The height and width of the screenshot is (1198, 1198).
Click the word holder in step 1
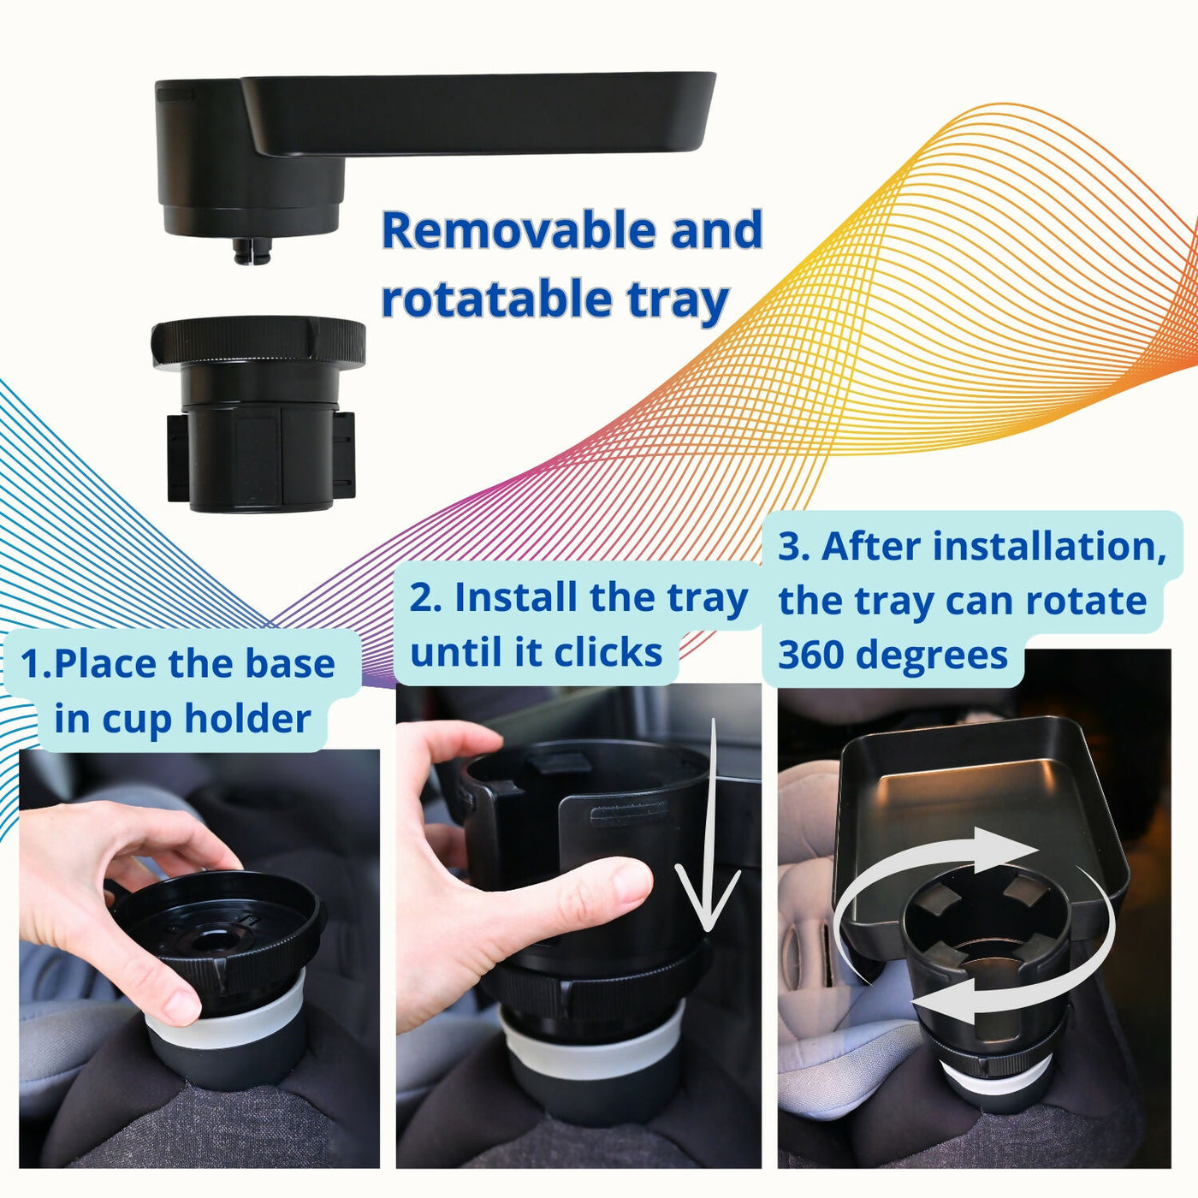(247, 719)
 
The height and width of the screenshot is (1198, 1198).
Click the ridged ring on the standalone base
(258, 344)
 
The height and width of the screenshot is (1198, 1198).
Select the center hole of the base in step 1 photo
(212, 940)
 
